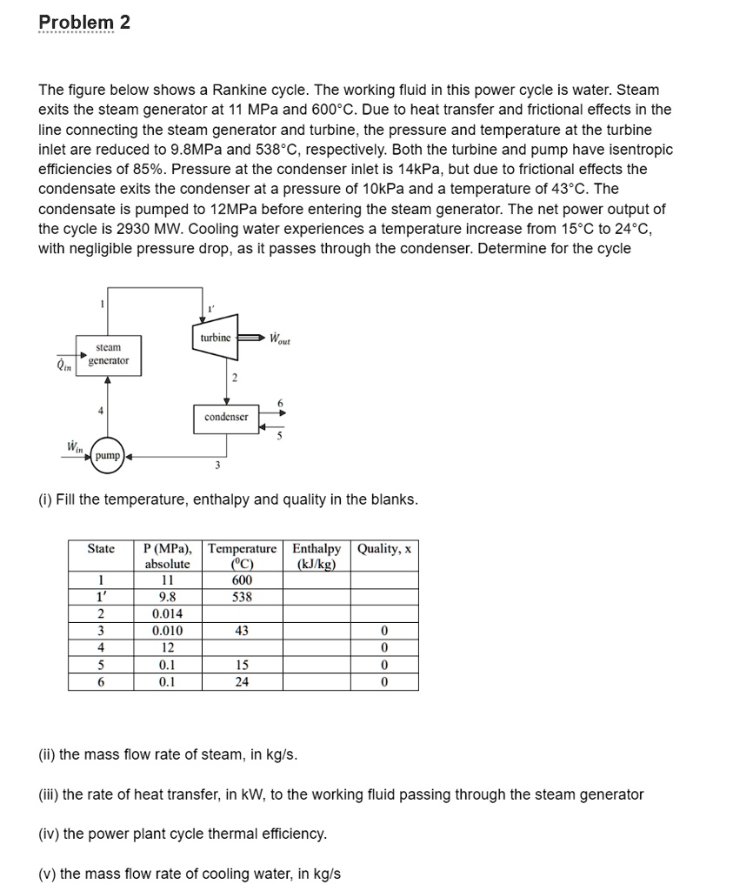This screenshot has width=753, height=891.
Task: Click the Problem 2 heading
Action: click(x=84, y=23)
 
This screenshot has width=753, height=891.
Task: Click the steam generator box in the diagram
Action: click(x=108, y=353)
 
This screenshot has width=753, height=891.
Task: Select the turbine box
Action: click(x=215, y=338)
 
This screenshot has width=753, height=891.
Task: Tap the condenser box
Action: click(x=226, y=417)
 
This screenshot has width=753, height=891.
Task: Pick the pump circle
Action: click(x=108, y=455)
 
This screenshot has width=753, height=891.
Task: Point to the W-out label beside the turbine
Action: click(x=279, y=338)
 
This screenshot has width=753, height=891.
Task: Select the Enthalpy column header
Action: click(x=317, y=556)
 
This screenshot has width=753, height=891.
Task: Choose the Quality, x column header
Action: click(x=384, y=549)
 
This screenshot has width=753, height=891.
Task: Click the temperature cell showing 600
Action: click(x=242, y=580)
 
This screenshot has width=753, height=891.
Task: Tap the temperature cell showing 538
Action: click(x=242, y=597)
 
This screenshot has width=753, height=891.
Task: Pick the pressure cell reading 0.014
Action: click(x=166, y=614)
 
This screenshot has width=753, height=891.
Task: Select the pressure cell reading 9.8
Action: click(x=166, y=597)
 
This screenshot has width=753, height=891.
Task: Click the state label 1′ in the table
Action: click(x=101, y=597)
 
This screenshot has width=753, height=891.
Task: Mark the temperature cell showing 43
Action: click(x=242, y=631)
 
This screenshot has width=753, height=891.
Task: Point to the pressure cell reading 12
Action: click(x=166, y=648)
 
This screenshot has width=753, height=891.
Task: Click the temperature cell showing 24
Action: click(x=242, y=682)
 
